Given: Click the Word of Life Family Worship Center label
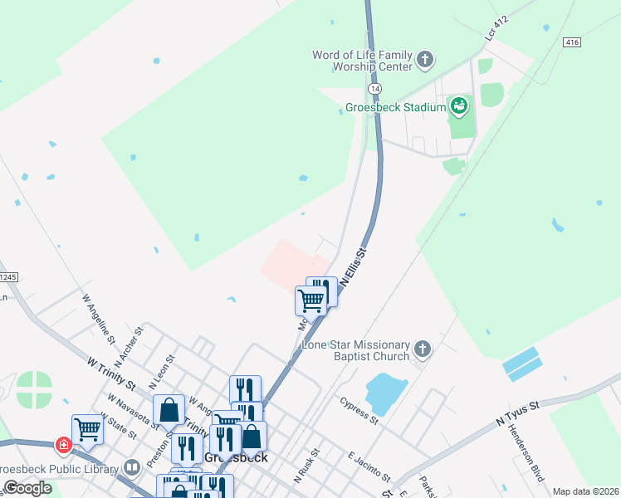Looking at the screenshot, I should (362, 61).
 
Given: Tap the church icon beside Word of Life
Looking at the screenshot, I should (425, 60).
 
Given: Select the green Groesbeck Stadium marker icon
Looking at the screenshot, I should (458, 106).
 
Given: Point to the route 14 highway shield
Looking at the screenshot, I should (375, 87).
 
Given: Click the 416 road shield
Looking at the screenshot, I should (570, 41).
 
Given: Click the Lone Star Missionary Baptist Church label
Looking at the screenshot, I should (356, 350).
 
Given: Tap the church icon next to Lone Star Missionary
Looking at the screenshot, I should (423, 349).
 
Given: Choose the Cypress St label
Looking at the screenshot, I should (359, 410).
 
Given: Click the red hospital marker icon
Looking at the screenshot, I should (63, 446).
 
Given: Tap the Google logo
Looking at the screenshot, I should (28, 488).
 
